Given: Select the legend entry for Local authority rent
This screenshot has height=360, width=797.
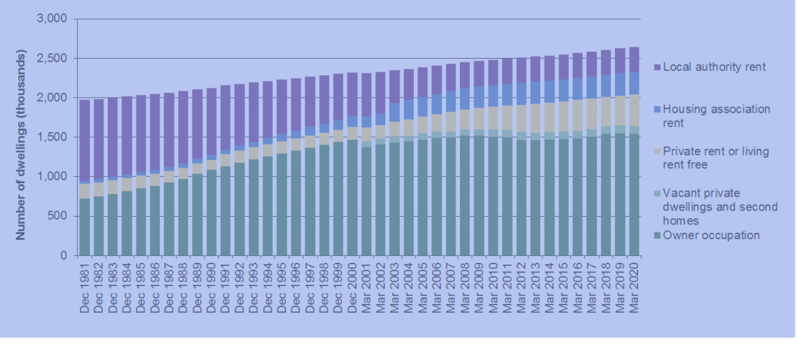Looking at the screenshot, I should pos(712,66).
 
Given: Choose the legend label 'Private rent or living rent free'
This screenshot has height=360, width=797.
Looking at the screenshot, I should pos(715,158).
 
